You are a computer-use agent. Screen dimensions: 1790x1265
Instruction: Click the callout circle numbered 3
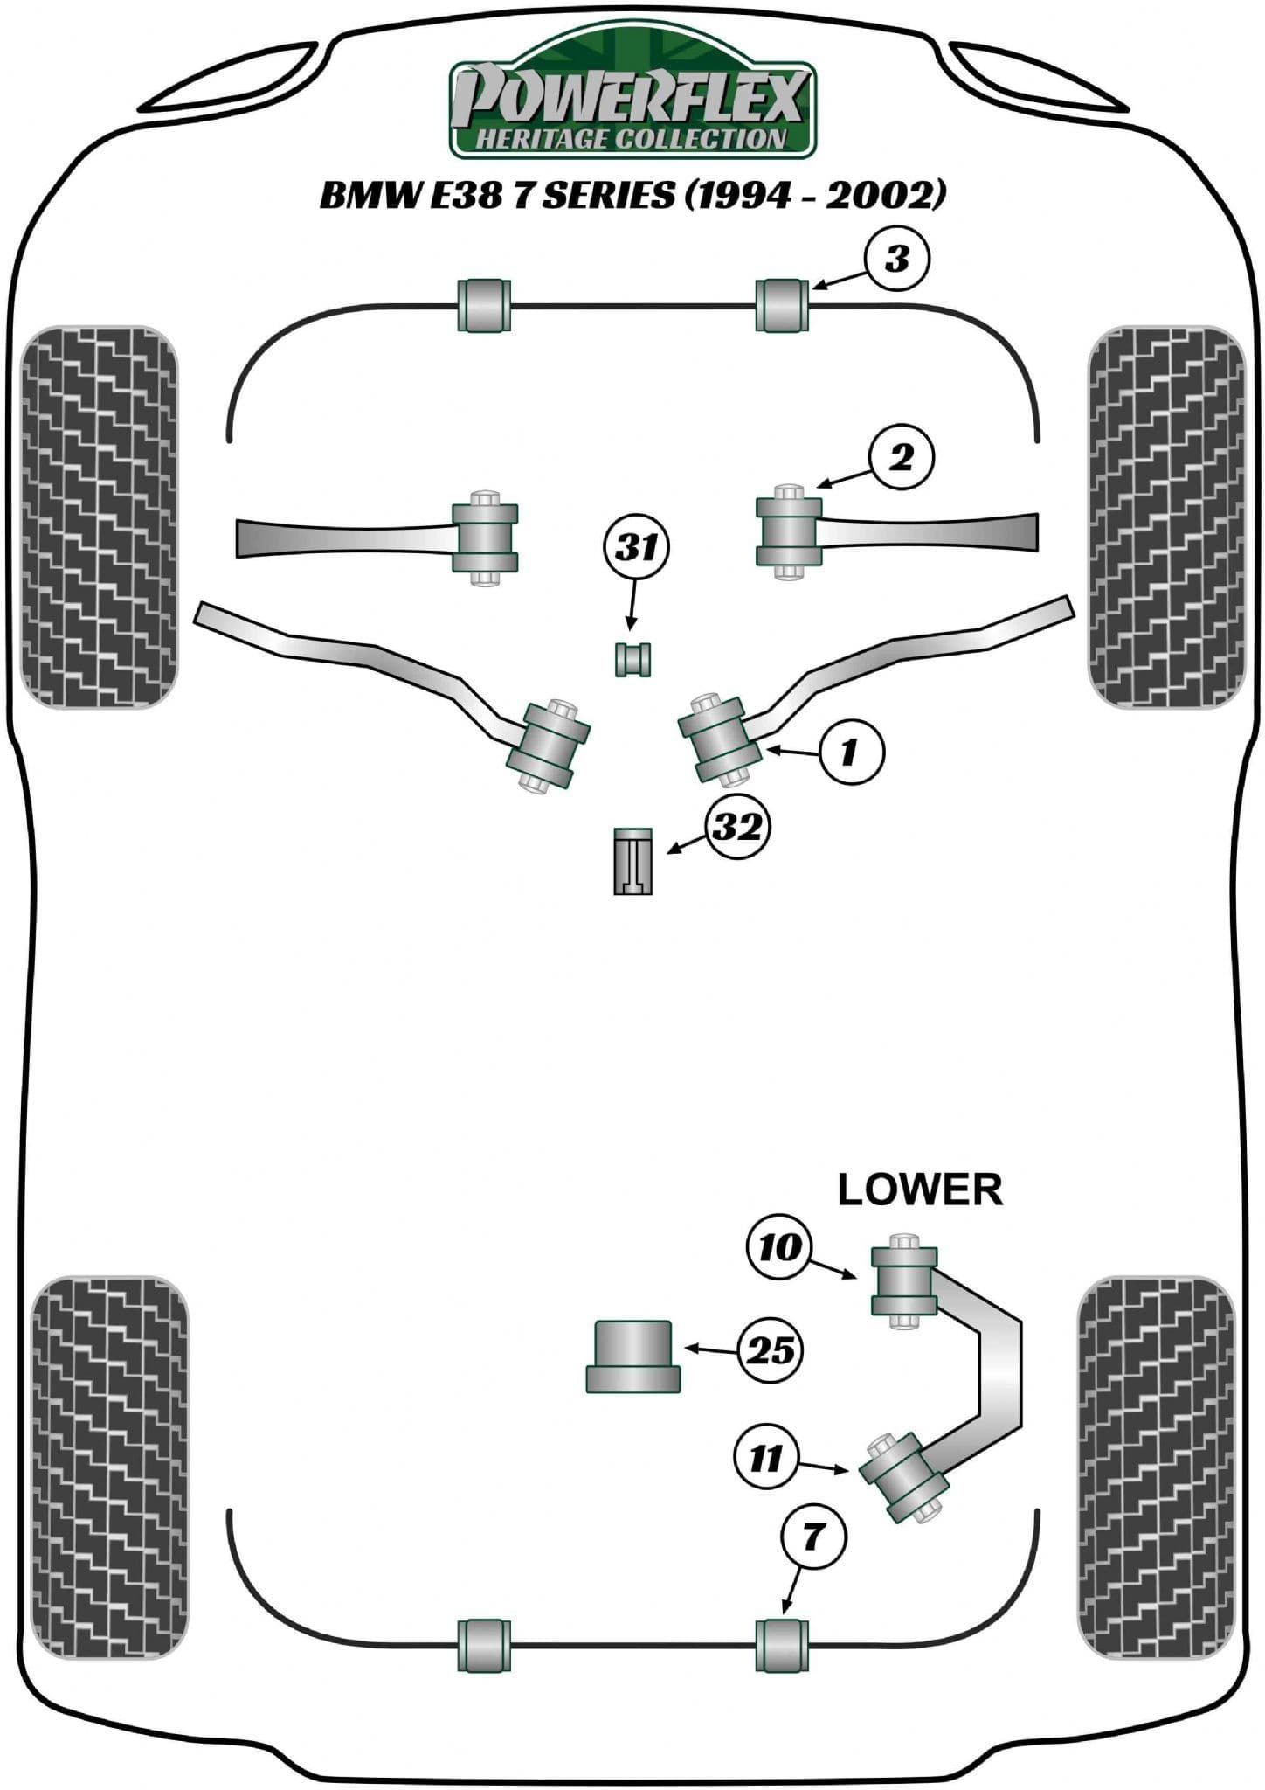point(897,260)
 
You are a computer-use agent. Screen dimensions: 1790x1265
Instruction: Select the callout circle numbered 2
point(900,457)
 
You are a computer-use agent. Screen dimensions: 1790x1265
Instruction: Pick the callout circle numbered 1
point(850,751)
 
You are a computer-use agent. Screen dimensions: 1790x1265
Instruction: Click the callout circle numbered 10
point(780,1247)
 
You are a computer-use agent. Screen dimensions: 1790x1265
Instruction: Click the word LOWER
point(920,1190)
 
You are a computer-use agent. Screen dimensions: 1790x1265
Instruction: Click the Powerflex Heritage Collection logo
point(632,103)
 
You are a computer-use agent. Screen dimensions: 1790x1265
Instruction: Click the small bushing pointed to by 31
point(633,658)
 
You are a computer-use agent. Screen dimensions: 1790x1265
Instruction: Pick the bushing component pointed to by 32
point(632,860)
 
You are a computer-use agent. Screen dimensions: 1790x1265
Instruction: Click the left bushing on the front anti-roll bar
point(483,304)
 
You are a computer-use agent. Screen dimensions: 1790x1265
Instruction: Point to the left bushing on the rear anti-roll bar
point(483,1646)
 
